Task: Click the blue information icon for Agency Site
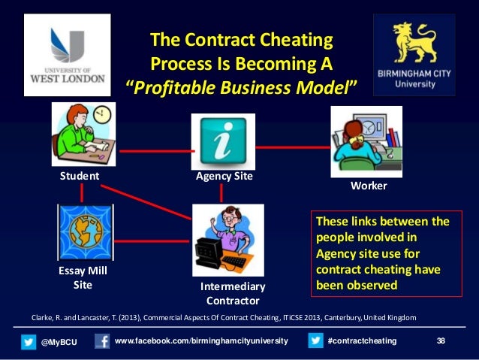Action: (222, 141)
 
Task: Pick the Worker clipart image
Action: (366, 141)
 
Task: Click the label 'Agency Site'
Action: (224, 177)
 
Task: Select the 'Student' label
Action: (80, 177)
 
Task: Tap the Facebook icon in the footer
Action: (102, 342)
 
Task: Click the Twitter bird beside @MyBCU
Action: (29, 342)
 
